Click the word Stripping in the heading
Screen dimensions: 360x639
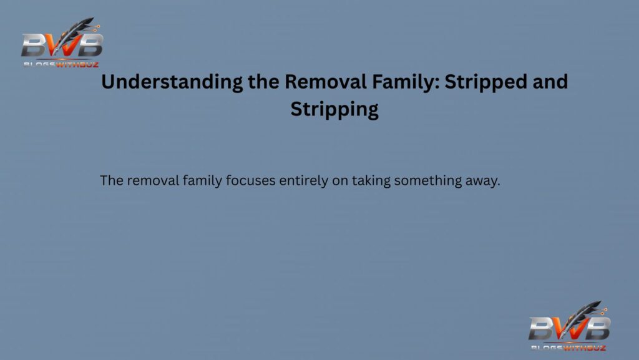tap(334, 110)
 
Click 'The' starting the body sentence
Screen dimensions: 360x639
tap(111, 182)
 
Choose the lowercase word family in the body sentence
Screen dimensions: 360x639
tap(199, 182)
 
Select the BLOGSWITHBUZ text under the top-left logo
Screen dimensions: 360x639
tap(61, 63)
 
